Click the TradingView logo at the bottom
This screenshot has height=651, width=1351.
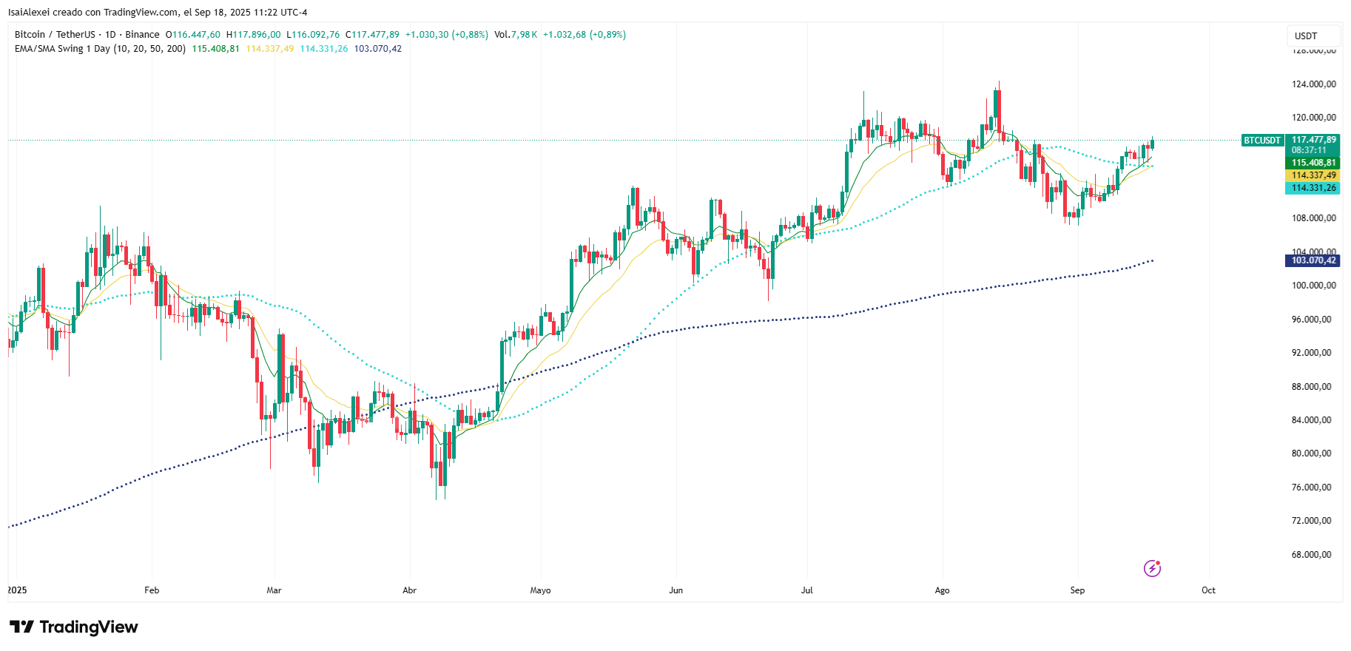tap(74, 627)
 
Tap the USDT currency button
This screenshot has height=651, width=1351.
tap(1306, 36)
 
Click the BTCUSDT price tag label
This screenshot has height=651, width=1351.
tap(1261, 140)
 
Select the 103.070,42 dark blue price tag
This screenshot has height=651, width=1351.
tap(1313, 260)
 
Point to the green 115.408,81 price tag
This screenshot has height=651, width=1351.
tap(1313, 163)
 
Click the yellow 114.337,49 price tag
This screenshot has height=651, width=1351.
tap(1313, 175)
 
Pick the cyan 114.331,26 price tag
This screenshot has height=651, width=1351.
tap(1313, 188)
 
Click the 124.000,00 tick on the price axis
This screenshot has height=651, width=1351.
tap(1313, 84)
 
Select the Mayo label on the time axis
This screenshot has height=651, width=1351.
tap(540, 590)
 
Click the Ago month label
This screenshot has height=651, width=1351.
tap(942, 590)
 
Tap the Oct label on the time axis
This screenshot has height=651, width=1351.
tap(1208, 590)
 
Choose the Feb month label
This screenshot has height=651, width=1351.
tap(152, 590)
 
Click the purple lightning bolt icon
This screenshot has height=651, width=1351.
tap(1152, 568)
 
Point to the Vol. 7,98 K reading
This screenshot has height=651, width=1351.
tap(516, 35)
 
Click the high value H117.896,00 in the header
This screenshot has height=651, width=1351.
tap(254, 35)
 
